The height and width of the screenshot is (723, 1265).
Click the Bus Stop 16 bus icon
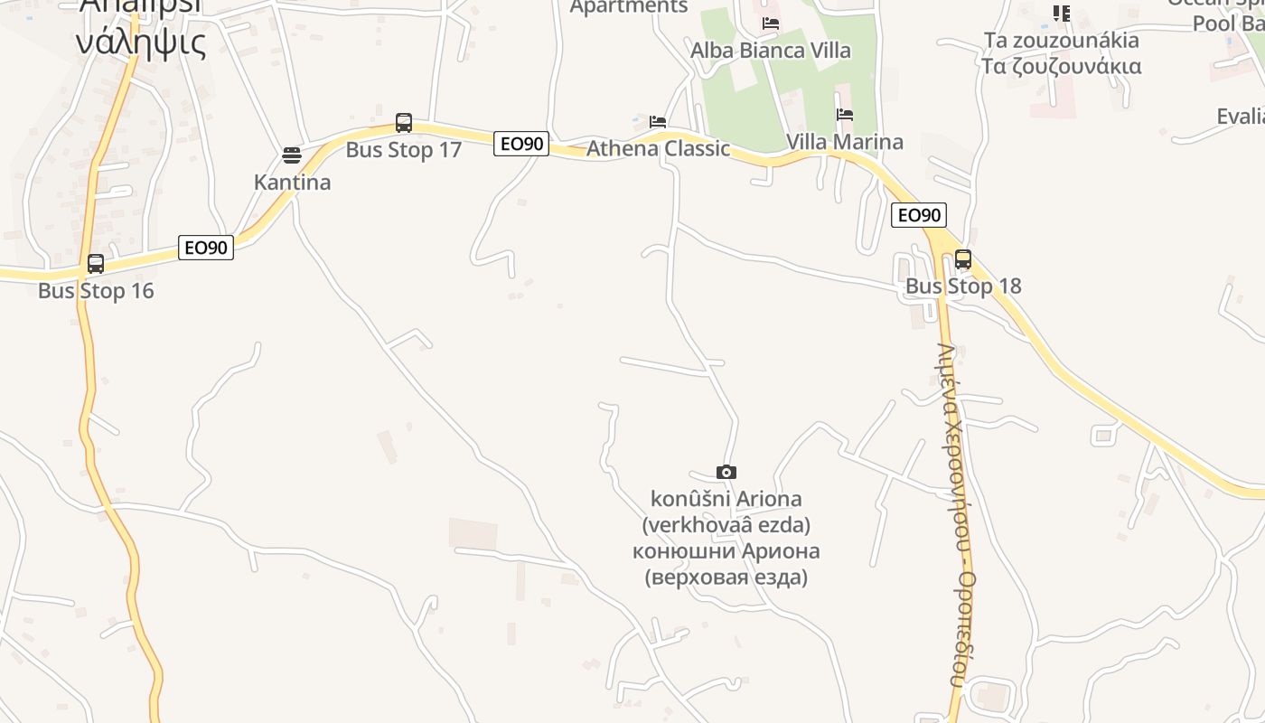95,264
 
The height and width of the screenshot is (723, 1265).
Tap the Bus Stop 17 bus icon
404,123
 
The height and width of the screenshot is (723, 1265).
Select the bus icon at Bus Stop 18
963,259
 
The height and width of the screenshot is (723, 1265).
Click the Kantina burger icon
292,155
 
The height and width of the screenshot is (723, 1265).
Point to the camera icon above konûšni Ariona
726,472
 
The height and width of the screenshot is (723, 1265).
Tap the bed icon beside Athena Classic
658,121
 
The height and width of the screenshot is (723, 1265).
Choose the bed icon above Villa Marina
845,115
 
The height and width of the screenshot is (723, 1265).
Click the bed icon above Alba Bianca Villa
771,23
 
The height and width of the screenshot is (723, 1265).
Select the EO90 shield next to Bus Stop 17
521,144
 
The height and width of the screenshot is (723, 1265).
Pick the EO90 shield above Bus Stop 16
206,248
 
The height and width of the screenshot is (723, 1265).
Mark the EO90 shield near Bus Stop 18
919,215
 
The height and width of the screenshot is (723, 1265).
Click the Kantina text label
292,183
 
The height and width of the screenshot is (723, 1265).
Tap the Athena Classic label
658,148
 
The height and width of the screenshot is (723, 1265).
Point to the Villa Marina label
844,142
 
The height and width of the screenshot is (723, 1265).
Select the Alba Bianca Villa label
770,50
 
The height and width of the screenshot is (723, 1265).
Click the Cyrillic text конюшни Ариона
726,551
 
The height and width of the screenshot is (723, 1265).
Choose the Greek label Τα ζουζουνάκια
1062,66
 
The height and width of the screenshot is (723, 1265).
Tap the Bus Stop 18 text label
963,286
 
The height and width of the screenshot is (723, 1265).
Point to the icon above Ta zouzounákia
1062,13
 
